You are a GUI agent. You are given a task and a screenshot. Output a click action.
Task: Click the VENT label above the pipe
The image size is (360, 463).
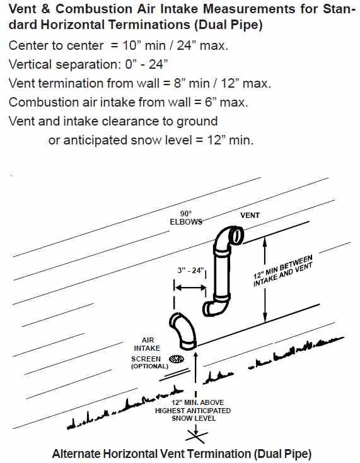click(x=250, y=215)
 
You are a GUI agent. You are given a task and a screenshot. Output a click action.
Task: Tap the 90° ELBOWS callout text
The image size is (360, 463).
click(x=186, y=218)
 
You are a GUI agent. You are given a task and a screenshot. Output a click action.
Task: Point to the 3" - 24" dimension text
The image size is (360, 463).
click(x=190, y=270)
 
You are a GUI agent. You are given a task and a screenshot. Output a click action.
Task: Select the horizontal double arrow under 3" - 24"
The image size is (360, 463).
click(x=190, y=287)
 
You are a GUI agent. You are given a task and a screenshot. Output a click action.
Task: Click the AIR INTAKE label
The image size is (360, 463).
click(x=147, y=344)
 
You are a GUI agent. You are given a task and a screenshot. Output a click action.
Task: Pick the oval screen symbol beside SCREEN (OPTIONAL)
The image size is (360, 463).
click(x=177, y=359)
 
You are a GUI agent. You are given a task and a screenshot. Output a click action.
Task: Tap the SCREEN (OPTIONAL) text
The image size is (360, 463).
click(x=149, y=362)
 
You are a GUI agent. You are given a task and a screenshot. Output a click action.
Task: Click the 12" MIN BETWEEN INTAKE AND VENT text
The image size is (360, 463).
click(x=282, y=271)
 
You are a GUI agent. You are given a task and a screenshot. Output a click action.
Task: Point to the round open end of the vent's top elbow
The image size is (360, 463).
click(x=236, y=235)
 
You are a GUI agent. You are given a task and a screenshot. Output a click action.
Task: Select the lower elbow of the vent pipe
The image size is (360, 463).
click(x=216, y=307)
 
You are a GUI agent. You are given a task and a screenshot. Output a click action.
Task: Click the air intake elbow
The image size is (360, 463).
click(x=183, y=330)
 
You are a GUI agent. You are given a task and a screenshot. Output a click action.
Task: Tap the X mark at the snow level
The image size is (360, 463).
click(x=195, y=437)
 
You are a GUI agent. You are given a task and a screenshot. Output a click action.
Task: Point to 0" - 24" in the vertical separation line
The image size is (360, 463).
click(x=146, y=64)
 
